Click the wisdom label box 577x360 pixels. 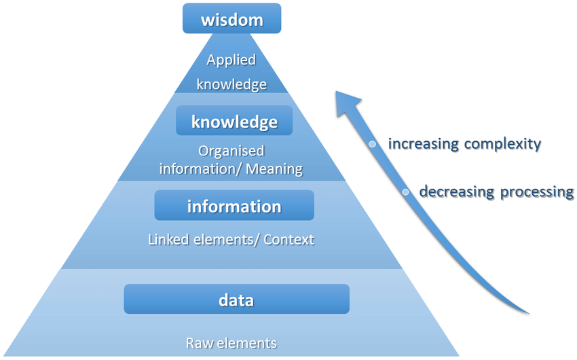point(231,19)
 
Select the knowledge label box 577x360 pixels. point(234,122)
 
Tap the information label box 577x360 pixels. point(234,206)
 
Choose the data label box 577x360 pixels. point(236,299)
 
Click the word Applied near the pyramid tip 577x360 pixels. point(231,60)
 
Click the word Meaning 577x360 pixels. point(275,168)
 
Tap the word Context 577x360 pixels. point(288,240)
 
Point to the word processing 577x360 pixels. point(537,192)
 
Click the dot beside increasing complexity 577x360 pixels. point(372,144)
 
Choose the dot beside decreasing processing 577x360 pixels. point(405,192)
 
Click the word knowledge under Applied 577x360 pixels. point(231,85)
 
